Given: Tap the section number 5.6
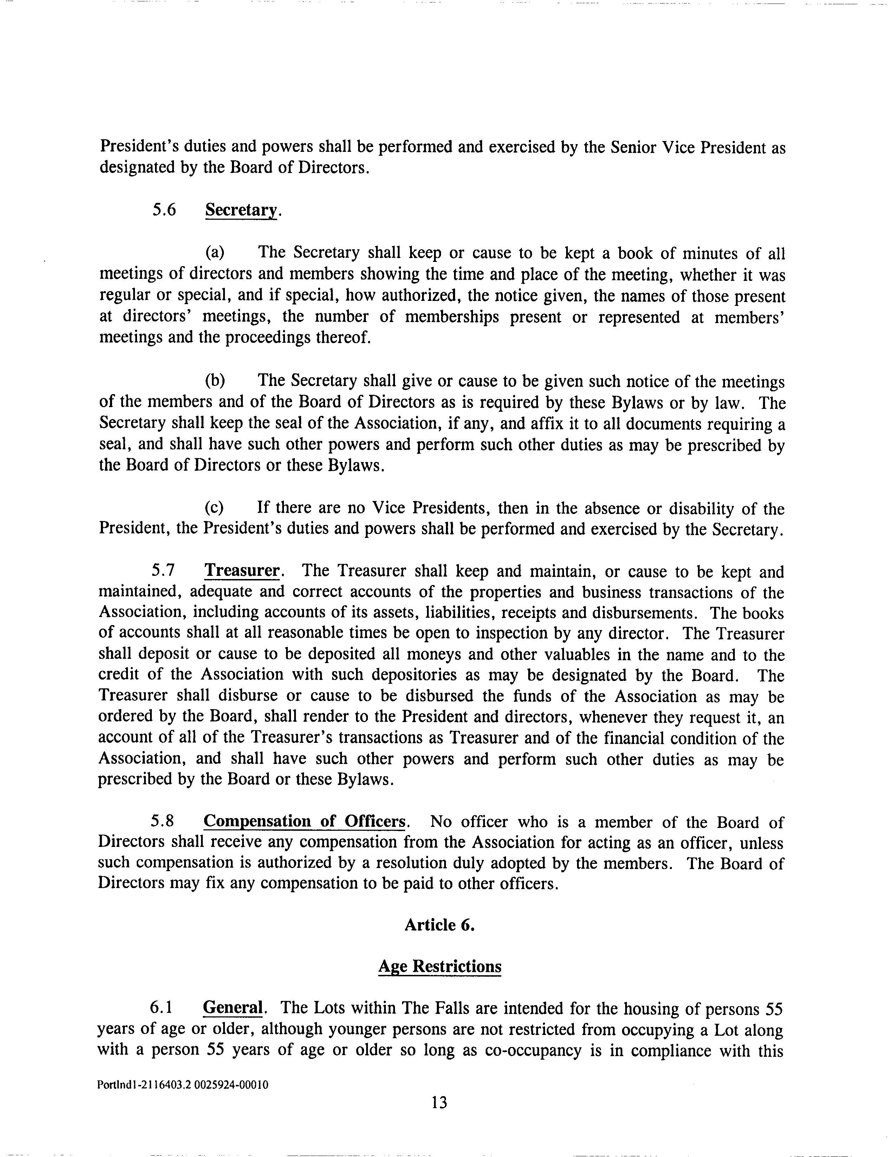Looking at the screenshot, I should [164, 210].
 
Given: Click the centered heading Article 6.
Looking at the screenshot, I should [439, 925].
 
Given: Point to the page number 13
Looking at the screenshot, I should [439, 1103].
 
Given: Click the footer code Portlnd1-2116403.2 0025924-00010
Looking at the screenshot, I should [183, 1085].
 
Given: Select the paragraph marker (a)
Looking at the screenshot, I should [214, 253].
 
